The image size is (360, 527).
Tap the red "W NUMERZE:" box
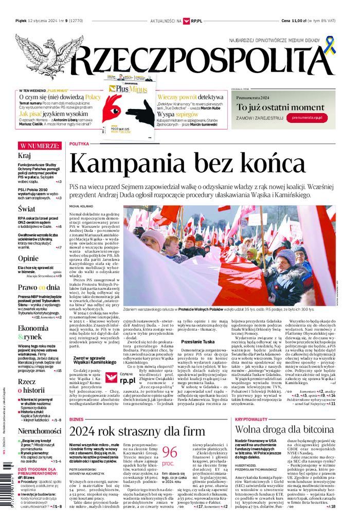tap(40, 146)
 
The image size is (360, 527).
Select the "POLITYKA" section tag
tap(79, 144)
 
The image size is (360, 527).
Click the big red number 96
tap(169, 452)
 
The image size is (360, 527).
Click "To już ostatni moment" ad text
tap(280, 107)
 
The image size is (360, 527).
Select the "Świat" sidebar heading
tap(26, 209)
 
